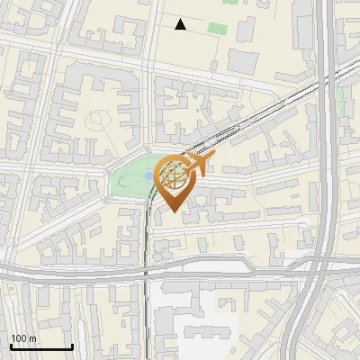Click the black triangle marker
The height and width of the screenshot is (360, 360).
pos(181,24)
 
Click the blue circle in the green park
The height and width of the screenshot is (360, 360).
pos(146,176)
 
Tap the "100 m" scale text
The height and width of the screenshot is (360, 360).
pos(24,338)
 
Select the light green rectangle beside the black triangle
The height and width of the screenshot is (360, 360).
pos(217,28)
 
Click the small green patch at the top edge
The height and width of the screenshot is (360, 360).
pos(230,2)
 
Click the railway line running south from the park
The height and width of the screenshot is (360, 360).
pos(146,243)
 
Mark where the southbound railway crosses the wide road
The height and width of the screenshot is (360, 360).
pos(146,270)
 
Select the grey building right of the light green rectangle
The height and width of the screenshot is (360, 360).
pos(243,61)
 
